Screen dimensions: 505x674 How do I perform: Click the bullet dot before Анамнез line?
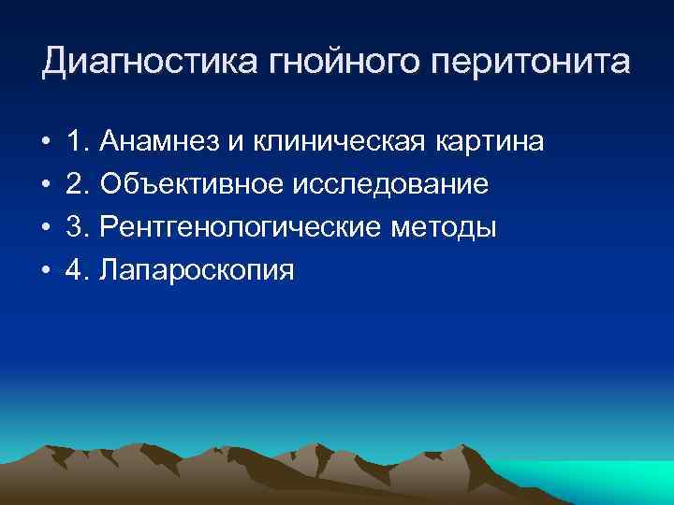[x=46, y=143]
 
